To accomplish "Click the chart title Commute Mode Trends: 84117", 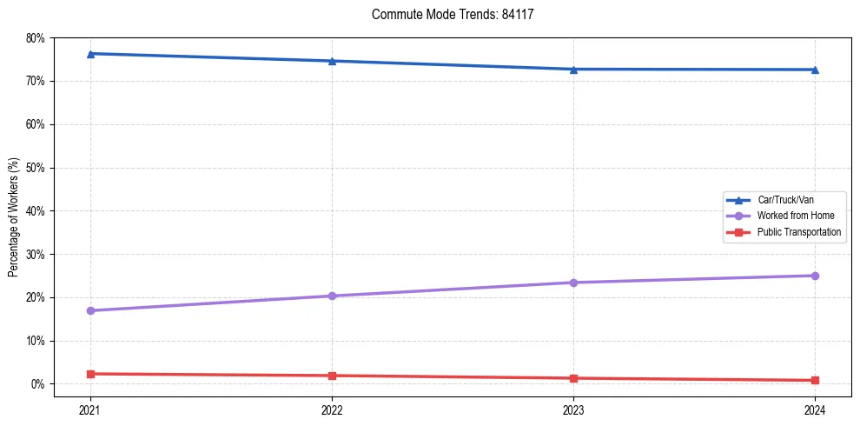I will tap(446, 15).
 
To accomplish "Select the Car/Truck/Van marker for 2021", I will tap(90, 54).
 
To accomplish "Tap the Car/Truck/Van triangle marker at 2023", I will tap(573, 70).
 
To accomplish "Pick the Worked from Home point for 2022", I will tap(332, 296).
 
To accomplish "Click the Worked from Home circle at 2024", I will tap(815, 276).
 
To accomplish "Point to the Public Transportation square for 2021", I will tap(90, 374).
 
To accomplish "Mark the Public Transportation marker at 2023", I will tap(573, 378).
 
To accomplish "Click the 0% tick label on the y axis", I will tap(38, 384).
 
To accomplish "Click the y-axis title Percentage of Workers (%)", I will tap(14, 217).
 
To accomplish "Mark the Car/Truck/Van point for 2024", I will tap(815, 70).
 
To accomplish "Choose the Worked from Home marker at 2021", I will tap(90, 310).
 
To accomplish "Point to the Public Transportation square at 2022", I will tap(332, 376).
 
